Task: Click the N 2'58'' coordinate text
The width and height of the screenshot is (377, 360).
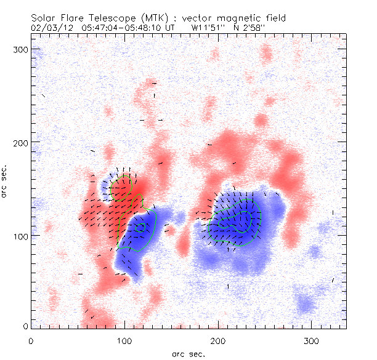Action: (x=253, y=28)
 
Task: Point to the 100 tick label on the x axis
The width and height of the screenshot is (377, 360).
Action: (x=124, y=340)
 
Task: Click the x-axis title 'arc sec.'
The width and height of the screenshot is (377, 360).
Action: (x=188, y=353)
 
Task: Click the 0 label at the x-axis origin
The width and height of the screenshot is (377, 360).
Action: (x=30, y=340)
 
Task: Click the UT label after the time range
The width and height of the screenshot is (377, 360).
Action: (x=171, y=28)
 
